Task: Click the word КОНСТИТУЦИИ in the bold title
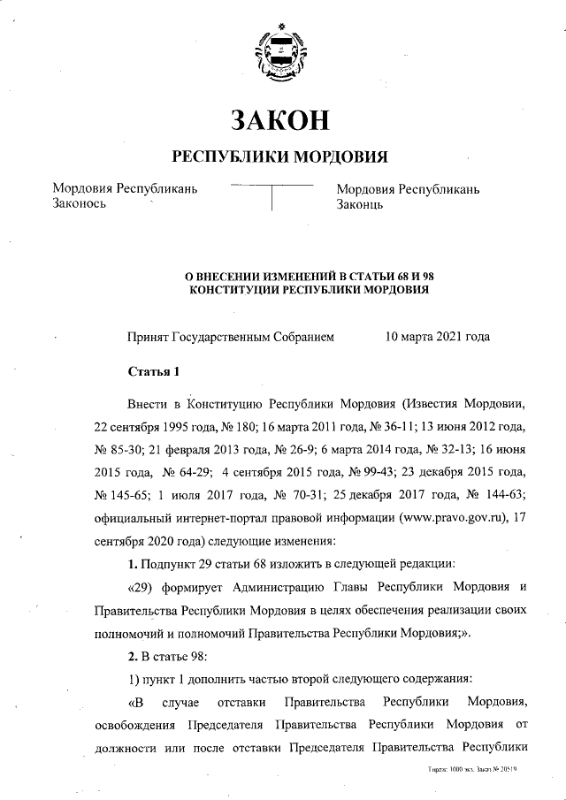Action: (x=238, y=290)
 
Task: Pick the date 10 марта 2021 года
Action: (x=438, y=337)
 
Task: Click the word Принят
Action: (x=148, y=337)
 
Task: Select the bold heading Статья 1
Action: (x=154, y=370)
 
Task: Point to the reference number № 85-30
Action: (x=119, y=450)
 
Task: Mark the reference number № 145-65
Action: (x=119, y=495)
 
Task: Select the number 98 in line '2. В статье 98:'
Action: (x=196, y=655)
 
